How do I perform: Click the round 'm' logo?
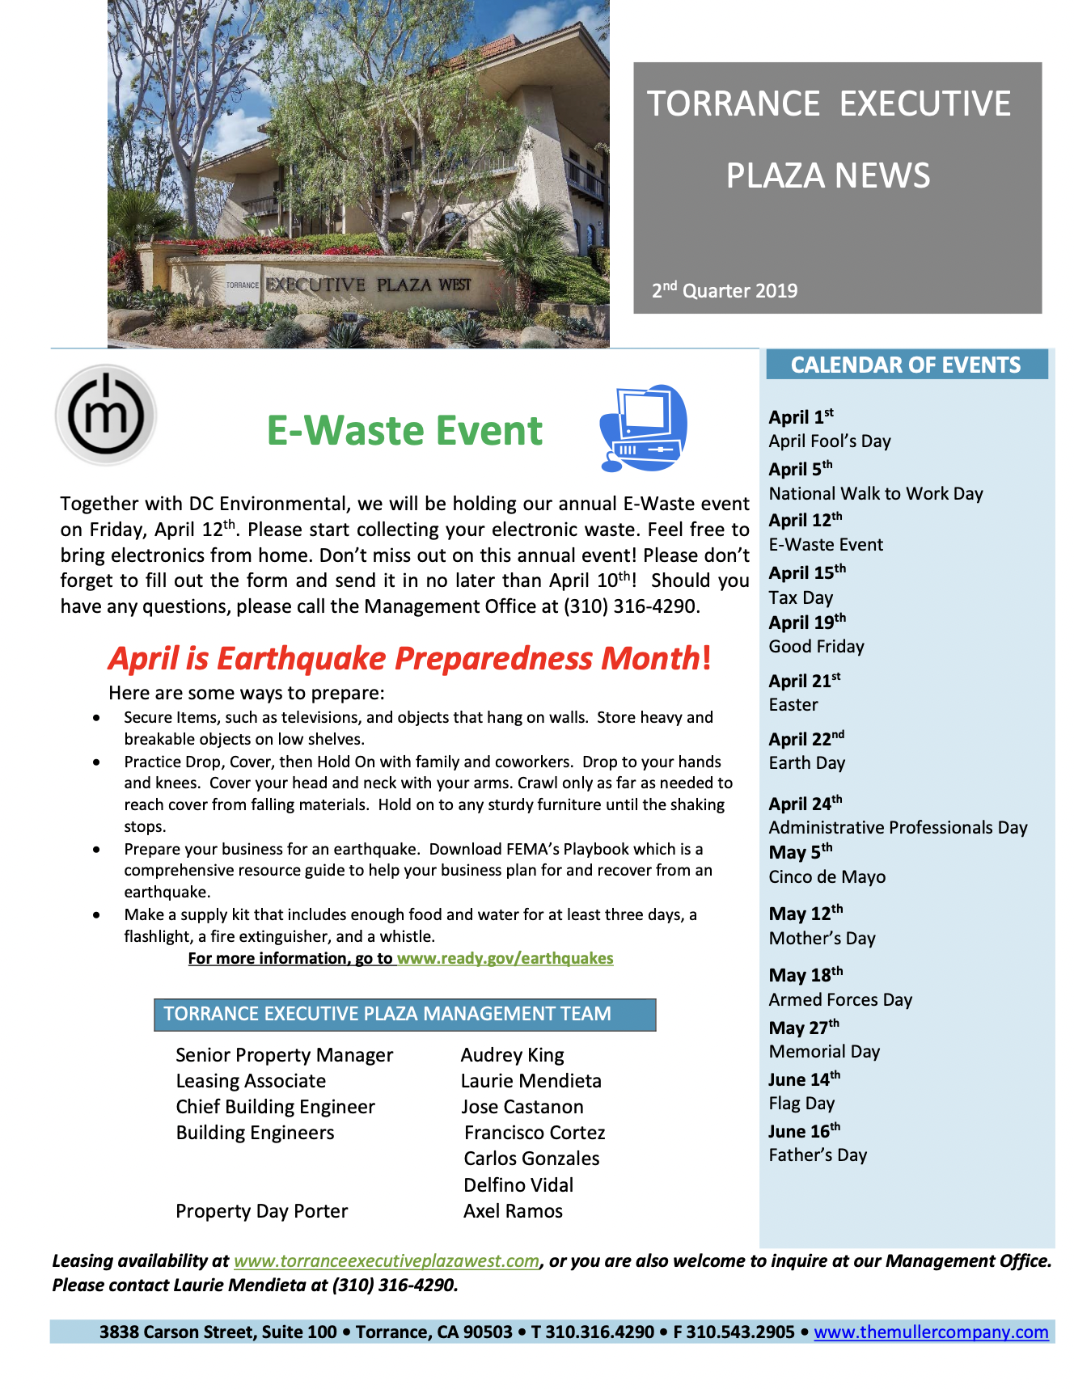(106, 415)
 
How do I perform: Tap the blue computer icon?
(643, 429)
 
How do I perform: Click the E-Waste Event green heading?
(404, 430)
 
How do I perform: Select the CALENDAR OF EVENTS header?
(906, 365)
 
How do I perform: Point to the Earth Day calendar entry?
(806, 763)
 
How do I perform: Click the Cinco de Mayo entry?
(827, 877)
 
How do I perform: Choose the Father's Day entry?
(817, 1155)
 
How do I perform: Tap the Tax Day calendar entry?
(801, 598)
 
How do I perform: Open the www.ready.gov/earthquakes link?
(505, 959)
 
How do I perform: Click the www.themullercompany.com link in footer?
(931, 1332)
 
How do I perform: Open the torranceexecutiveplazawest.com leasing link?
(387, 1261)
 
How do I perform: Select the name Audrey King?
(512, 1055)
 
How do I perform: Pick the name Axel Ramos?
(513, 1211)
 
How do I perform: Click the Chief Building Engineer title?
(275, 1107)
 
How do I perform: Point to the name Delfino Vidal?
(518, 1185)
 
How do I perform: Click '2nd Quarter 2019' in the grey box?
(725, 291)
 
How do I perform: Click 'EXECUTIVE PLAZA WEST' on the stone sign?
(369, 285)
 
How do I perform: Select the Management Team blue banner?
(404, 1015)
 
